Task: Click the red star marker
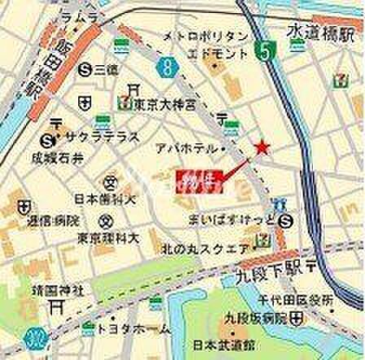point(262,147)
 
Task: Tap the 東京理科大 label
point(110,238)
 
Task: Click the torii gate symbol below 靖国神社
point(56,306)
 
